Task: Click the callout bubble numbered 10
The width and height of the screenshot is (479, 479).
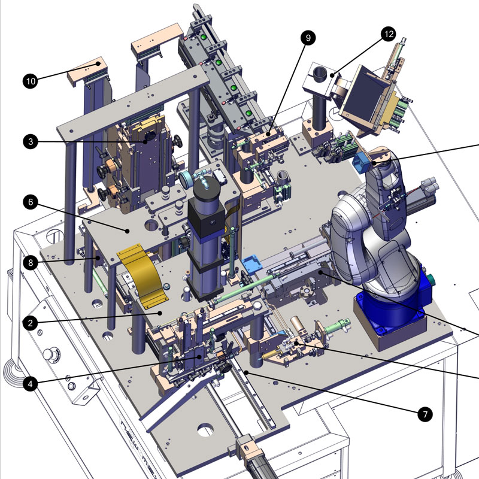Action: click(31, 81)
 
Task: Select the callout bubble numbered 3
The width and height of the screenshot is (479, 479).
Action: click(31, 141)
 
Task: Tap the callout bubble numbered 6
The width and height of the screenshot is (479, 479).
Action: click(31, 202)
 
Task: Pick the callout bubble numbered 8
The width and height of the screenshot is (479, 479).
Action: click(31, 263)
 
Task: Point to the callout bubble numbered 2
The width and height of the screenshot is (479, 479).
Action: click(31, 323)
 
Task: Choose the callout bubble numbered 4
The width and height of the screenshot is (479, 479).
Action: click(31, 383)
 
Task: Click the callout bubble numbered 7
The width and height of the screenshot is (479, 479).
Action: click(425, 414)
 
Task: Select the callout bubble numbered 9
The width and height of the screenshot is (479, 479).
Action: click(308, 38)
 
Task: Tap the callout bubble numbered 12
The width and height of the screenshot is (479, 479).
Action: click(389, 34)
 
